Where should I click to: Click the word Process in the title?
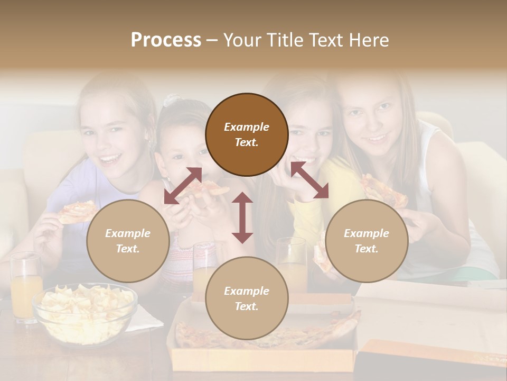pos(166,40)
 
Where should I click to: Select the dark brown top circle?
pos(247,134)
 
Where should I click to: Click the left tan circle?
pos(128,241)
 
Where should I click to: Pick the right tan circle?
pos(367,241)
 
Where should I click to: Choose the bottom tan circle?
pos(247,298)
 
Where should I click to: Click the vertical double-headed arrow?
pos(242,217)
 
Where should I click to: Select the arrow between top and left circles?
pos(183,185)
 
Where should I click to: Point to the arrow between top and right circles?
pos(309,180)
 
